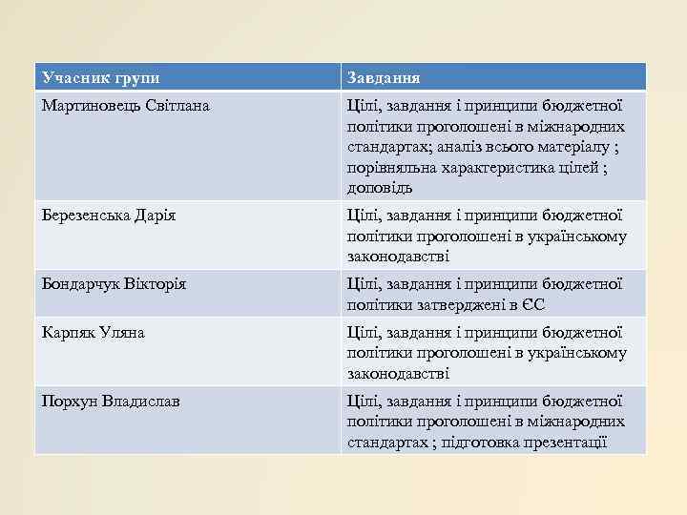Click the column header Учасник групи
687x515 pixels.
tap(100, 77)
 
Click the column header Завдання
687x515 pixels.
tap(384, 77)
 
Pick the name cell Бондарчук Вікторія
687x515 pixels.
tap(114, 284)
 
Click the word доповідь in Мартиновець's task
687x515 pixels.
tap(380, 188)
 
